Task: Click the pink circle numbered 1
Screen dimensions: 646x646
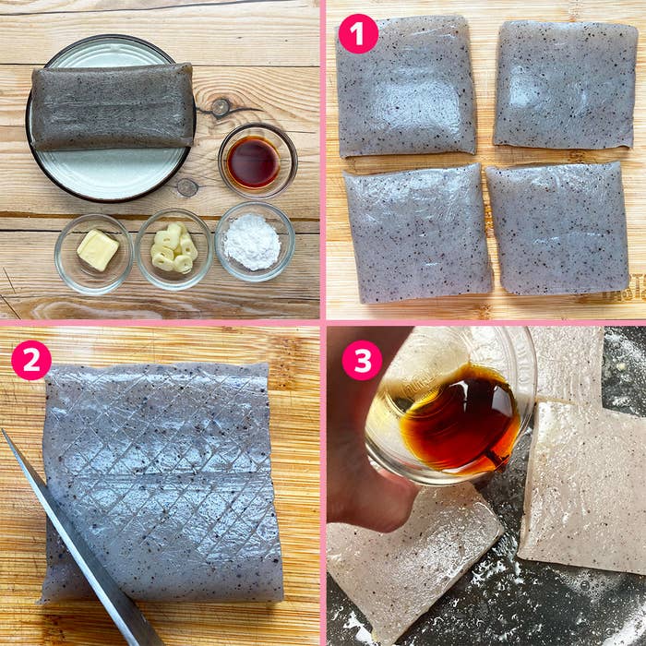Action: (358, 34)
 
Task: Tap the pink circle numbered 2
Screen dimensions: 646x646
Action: (31, 360)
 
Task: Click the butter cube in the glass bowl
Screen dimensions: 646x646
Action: (97, 249)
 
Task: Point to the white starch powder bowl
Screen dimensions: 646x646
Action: (253, 242)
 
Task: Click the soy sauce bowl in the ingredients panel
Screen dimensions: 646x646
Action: (254, 161)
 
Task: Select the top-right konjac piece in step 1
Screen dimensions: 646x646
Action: (565, 85)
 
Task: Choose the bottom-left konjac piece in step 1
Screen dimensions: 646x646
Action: (417, 233)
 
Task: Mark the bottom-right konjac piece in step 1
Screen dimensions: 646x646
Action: (557, 228)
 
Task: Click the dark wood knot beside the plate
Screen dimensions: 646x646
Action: (220, 108)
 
